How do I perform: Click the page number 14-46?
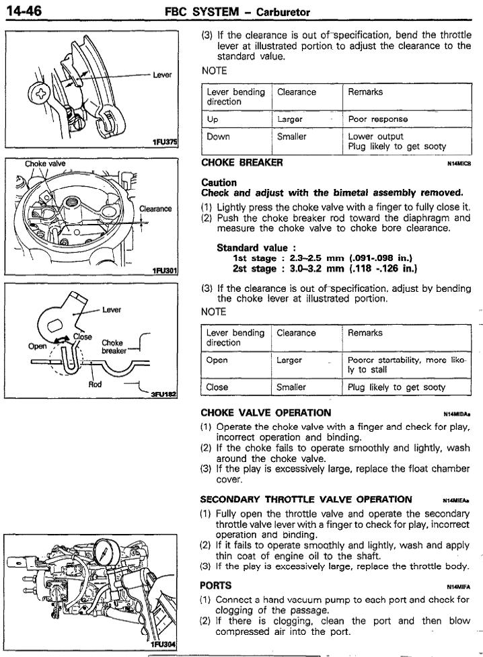(22, 11)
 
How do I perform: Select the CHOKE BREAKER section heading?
(242, 162)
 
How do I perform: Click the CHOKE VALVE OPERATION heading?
(266, 412)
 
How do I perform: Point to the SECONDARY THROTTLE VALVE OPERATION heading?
(306, 499)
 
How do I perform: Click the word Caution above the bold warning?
(219, 182)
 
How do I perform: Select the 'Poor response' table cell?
(378, 119)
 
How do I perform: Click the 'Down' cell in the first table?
(218, 137)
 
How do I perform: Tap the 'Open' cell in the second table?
(217, 360)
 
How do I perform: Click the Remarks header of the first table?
(365, 92)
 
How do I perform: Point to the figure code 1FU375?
(164, 143)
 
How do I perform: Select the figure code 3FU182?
(164, 396)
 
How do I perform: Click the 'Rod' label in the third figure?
(96, 385)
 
